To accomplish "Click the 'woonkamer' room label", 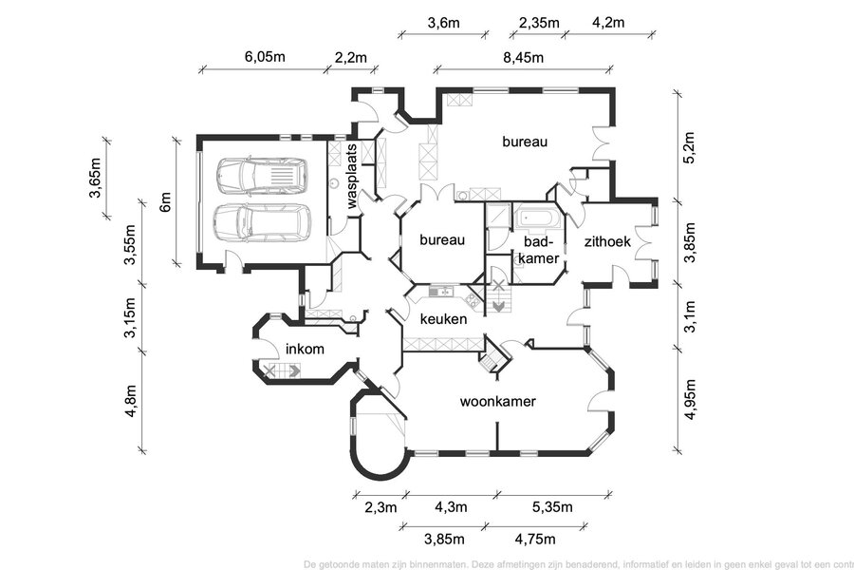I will (x=498, y=402).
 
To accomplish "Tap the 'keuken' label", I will (x=443, y=319).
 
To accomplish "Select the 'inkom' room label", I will (x=305, y=349).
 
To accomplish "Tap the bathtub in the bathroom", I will (x=538, y=218).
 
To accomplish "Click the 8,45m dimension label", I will (x=523, y=57).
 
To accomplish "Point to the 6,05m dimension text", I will (x=265, y=57).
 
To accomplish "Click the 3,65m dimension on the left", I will (x=95, y=179).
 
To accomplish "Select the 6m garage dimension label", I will (x=164, y=201).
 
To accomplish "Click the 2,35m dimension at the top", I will (x=539, y=22).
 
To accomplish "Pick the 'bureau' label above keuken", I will (x=443, y=240).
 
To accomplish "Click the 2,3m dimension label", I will (x=380, y=507).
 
